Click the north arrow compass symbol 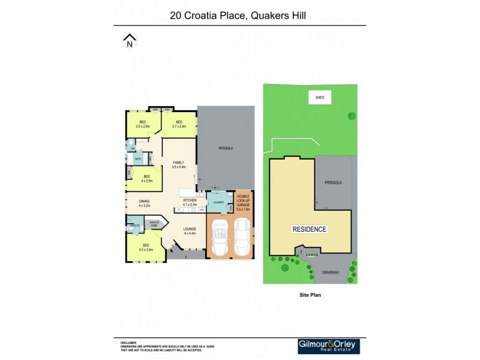(x=130, y=40)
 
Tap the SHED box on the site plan (x=319, y=97)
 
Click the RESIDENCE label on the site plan (x=310, y=229)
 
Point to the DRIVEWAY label (x=331, y=272)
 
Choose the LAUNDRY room (x=218, y=202)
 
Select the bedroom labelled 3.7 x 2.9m (x=179, y=124)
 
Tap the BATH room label (x=137, y=159)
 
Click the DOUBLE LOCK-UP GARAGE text (x=244, y=202)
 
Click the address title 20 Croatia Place (x=238, y=15)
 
